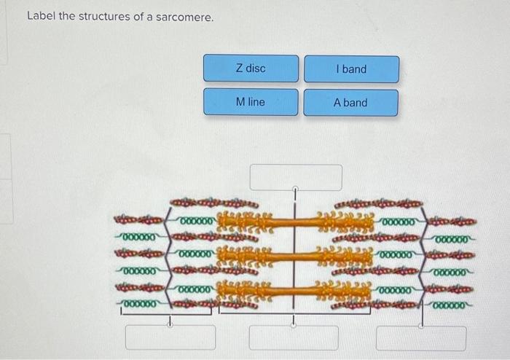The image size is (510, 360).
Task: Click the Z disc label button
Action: click(x=251, y=69)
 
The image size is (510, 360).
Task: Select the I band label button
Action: click(x=351, y=69)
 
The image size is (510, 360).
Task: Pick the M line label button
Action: click(x=251, y=102)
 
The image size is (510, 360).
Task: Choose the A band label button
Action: click(x=350, y=103)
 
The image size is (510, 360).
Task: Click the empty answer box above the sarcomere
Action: click(x=296, y=177)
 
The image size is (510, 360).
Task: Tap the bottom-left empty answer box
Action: click(x=170, y=337)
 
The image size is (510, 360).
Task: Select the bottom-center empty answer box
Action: click(x=294, y=337)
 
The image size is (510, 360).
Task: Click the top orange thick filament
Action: click(x=295, y=218)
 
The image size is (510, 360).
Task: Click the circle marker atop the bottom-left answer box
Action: click(x=170, y=326)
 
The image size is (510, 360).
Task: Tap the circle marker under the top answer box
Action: click(x=296, y=191)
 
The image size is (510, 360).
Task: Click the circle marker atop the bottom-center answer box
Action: click(x=294, y=326)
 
